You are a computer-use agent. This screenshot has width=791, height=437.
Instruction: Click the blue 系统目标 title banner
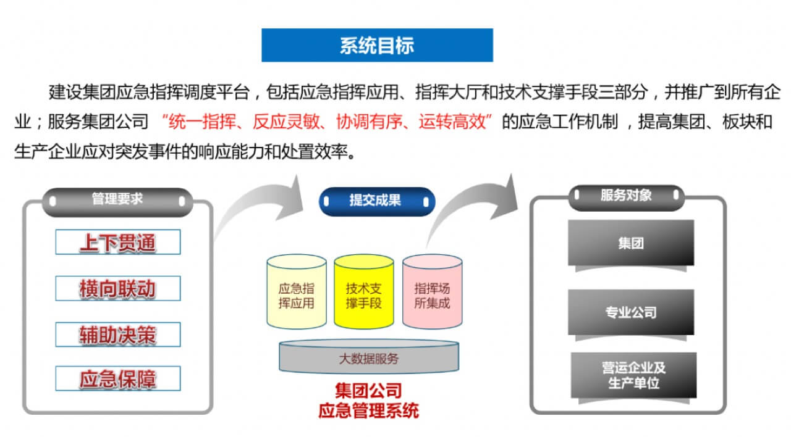tap(377, 45)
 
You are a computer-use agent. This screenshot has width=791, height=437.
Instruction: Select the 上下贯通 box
tap(117, 242)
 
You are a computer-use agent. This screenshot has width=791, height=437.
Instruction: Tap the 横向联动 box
tap(117, 288)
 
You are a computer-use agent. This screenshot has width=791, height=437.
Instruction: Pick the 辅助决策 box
tap(117, 335)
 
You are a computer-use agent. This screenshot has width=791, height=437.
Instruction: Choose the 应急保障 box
tap(117, 378)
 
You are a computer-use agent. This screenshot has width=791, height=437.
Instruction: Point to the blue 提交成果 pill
tap(376, 201)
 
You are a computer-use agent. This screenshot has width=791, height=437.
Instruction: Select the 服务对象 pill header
tap(626, 196)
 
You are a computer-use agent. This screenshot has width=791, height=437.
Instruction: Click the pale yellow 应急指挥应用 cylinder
tap(297, 293)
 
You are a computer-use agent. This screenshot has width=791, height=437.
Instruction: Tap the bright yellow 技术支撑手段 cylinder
tap(363, 293)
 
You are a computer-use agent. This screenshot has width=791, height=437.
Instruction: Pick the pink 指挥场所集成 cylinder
tap(432, 293)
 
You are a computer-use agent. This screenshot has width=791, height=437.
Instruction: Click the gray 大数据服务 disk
tap(369, 359)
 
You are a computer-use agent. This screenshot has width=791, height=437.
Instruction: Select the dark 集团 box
tap(631, 243)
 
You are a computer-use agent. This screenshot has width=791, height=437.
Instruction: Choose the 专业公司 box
tap(631, 312)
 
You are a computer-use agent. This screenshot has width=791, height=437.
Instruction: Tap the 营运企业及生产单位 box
tap(633, 375)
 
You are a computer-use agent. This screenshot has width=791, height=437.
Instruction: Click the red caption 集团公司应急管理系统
tap(368, 400)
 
